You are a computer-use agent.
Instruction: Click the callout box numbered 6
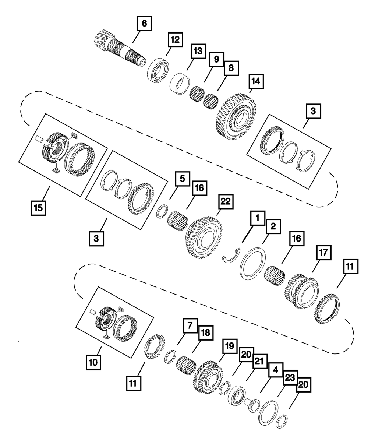click(144, 23)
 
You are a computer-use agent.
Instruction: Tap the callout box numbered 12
click(176, 39)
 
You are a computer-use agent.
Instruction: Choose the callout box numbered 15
click(39, 207)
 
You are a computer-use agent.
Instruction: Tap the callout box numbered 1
click(258, 218)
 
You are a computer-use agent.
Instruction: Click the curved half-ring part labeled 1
click(231, 256)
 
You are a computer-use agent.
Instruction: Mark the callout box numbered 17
click(323, 253)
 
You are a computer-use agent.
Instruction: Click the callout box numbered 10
click(94, 363)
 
